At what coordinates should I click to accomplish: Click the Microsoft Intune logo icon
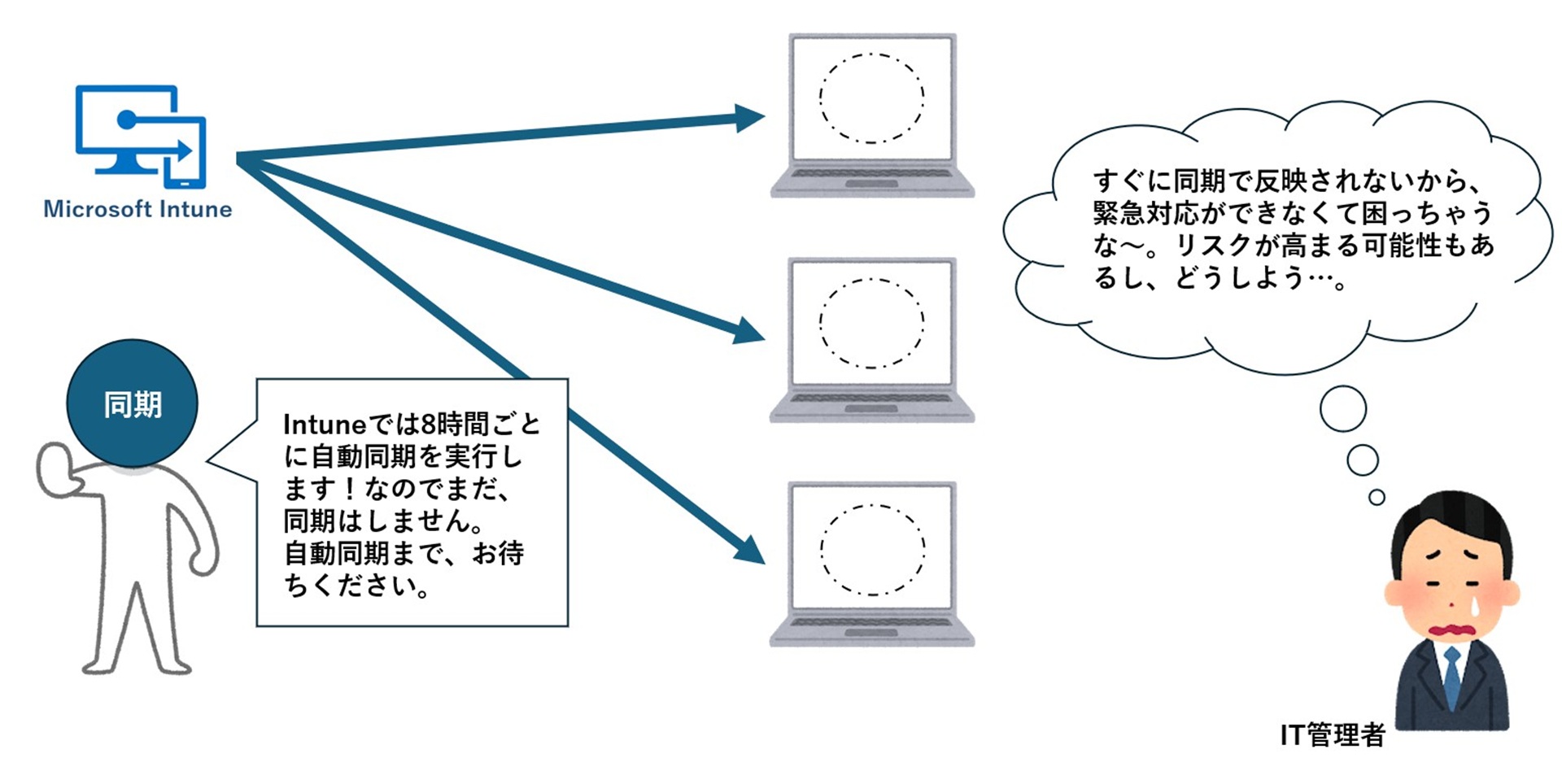(x=141, y=135)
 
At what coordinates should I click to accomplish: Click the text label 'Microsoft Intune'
(x=137, y=209)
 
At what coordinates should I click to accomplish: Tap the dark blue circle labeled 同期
(x=132, y=403)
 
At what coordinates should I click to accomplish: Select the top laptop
(x=872, y=115)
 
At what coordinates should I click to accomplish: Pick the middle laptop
(x=872, y=339)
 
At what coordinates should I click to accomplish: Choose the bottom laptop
(x=872, y=564)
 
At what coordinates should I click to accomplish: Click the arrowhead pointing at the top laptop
(x=748, y=118)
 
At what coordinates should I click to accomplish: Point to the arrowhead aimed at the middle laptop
(x=748, y=331)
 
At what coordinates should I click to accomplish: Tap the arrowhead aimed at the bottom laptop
(x=749, y=548)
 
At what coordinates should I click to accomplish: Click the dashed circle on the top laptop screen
(x=871, y=98)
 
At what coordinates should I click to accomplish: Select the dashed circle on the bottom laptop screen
(x=872, y=550)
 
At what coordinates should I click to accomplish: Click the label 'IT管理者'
(x=1332, y=734)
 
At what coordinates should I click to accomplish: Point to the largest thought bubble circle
(x=1342, y=409)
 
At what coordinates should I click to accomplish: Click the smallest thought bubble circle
(x=1377, y=497)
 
